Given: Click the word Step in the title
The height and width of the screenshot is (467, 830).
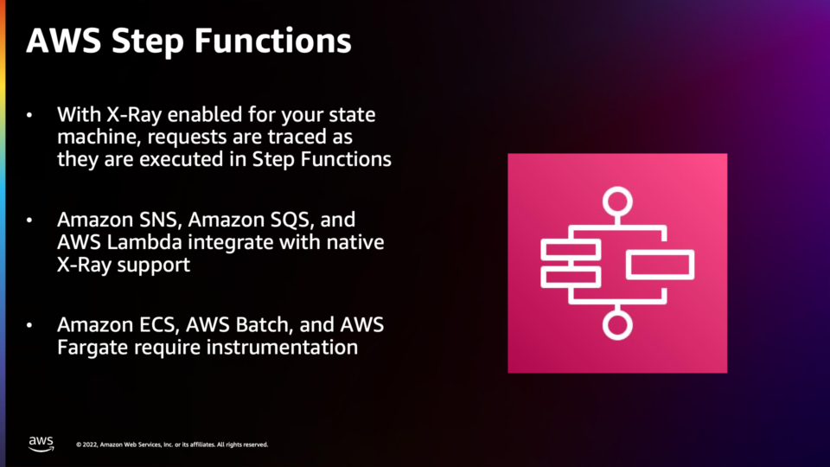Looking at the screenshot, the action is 148,42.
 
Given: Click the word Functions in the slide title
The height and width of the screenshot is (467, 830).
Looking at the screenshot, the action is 273,41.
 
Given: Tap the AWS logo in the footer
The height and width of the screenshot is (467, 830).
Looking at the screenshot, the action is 41,444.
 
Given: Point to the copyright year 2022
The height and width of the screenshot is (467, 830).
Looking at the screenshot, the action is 89,445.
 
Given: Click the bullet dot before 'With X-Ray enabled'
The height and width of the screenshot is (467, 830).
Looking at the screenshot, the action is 29,115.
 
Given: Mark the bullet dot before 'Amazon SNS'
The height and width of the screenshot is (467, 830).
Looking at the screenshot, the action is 29,220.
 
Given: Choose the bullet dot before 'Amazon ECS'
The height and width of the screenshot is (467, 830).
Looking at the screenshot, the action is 29,325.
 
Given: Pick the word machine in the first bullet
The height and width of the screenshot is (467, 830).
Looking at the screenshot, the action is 99,138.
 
